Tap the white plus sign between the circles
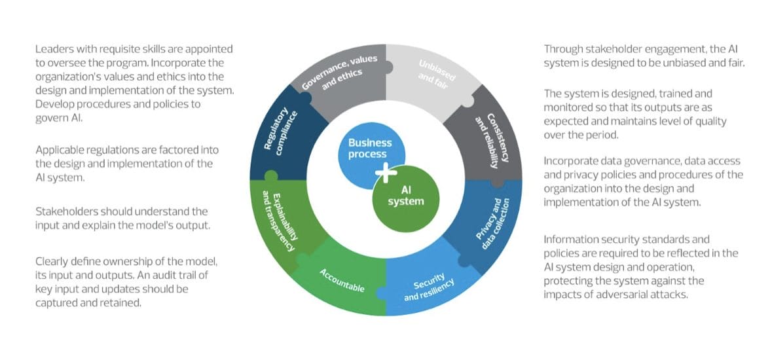386,173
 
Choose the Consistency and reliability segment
487,138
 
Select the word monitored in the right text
569,108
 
